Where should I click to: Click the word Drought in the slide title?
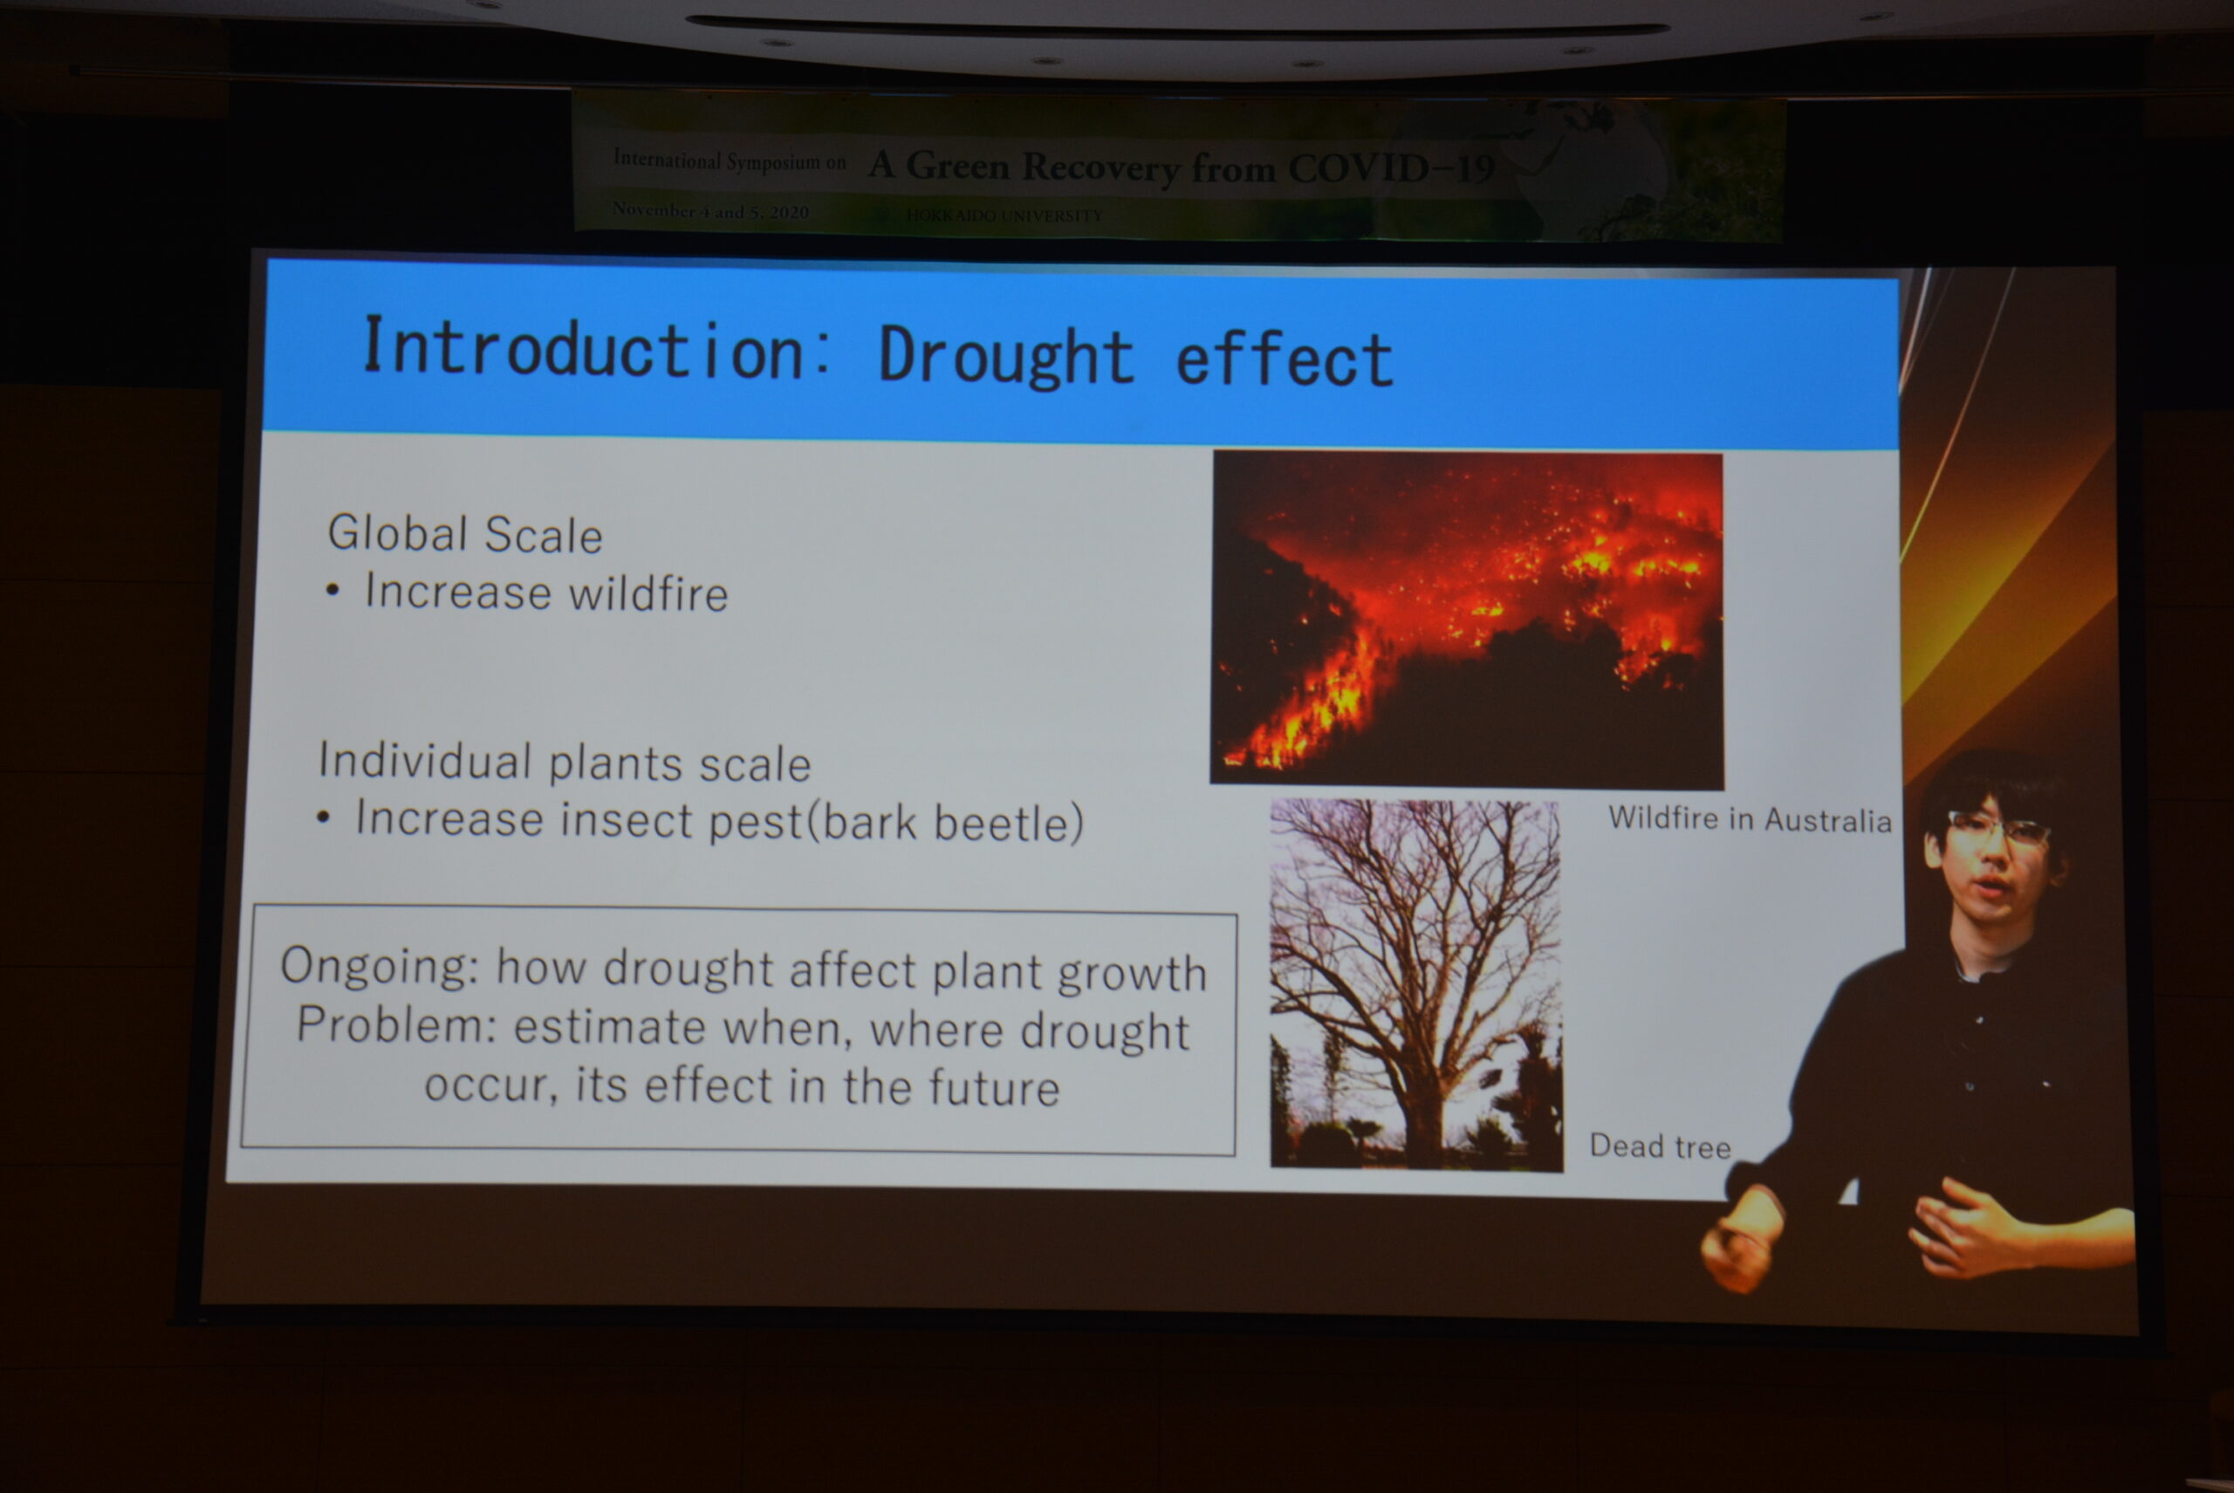tap(1005, 356)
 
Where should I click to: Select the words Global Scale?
tap(465, 533)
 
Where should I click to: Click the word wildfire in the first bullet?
tap(648, 593)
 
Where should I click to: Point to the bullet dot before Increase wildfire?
tap(332, 592)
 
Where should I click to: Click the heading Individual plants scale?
tap(564, 763)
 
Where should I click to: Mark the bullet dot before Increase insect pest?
tap(324, 817)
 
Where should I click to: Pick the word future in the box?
tap(993, 1087)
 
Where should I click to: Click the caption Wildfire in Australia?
tap(1751, 818)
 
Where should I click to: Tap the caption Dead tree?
tap(1660, 1146)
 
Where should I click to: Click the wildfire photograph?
tap(1466, 619)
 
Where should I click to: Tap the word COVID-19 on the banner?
tap(1391, 168)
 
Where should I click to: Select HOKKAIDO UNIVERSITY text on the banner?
tap(1004, 216)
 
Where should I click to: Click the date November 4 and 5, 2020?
tap(710, 211)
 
